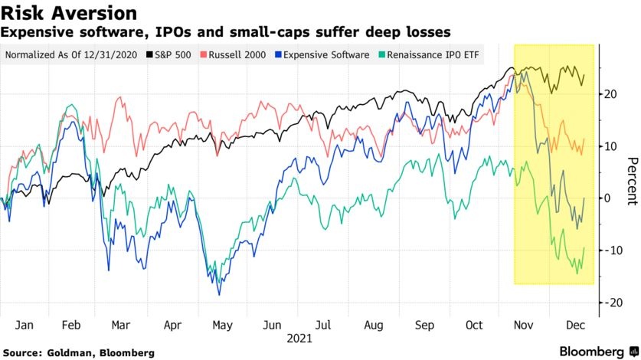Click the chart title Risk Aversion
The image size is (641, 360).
coord(70,13)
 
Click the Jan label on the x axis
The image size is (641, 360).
coord(24,326)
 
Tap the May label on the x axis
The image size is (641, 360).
coord(223,326)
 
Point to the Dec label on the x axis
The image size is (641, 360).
coord(574,326)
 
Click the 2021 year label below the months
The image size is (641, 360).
coord(299,338)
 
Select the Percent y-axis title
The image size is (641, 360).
coord(632,182)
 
